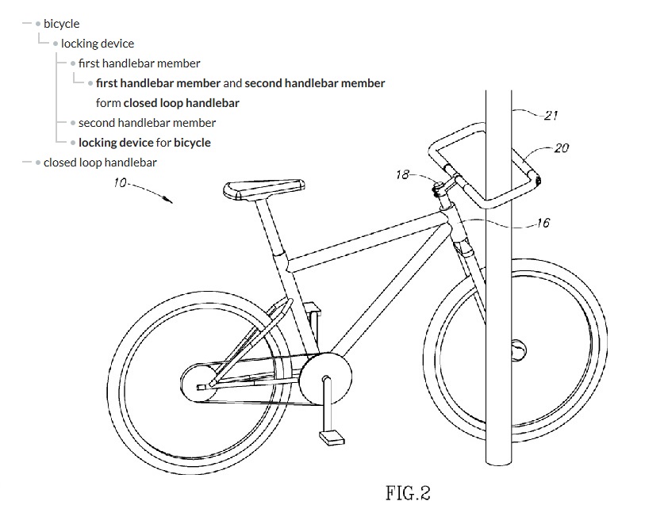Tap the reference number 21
[551, 115]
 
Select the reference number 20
[562, 147]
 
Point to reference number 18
[403, 174]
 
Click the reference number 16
[543, 223]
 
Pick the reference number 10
[120, 182]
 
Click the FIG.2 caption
[408, 493]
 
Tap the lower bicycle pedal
[332, 437]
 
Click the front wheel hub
[518, 350]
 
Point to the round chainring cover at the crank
[325, 379]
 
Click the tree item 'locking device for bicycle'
[144, 143]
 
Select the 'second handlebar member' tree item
[147, 123]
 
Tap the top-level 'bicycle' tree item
[61, 24]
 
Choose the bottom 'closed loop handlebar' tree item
[100, 163]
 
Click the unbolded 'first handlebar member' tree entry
[139, 63]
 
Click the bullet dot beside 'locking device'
[56, 44]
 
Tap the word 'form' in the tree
[108, 103]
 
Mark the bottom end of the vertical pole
[498, 464]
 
